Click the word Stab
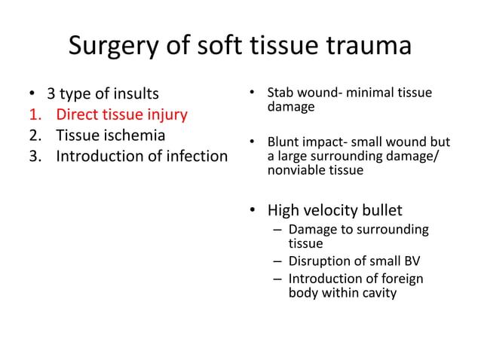click(281, 93)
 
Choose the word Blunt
click(285, 142)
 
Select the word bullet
click(384, 209)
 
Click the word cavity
click(378, 293)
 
